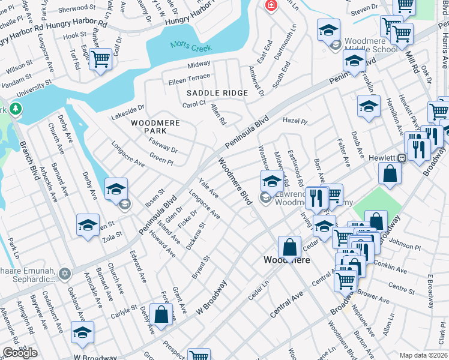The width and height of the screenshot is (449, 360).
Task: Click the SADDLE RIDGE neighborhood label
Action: click(x=217, y=93)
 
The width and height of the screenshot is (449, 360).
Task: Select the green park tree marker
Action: click(x=15, y=109)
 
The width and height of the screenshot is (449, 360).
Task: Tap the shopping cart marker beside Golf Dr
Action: click(x=100, y=59)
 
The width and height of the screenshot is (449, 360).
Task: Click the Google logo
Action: click(x=20, y=353)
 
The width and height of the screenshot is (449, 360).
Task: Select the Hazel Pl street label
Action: click(x=295, y=121)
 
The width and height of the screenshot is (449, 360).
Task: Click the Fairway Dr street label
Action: click(x=163, y=145)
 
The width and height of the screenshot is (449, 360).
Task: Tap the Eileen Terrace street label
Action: click(x=190, y=77)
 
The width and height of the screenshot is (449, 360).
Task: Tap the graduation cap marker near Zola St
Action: click(x=88, y=226)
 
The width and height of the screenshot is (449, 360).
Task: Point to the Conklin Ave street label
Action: click(x=390, y=263)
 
